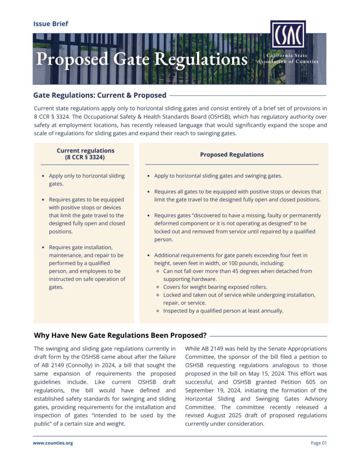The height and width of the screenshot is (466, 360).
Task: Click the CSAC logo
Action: [x=288, y=35]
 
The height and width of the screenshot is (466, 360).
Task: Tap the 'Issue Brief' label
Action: [x=51, y=23]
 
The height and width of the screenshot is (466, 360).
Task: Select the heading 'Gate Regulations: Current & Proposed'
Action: [x=100, y=95]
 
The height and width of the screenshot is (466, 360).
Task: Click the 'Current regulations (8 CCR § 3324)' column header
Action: [x=86, y=154]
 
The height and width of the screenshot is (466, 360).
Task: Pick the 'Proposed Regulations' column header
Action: [x=232, y=154]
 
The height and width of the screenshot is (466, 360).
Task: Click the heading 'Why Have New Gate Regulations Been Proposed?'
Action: [x=120, y=335]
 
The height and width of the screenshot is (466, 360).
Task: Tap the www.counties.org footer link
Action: [x=53, y=443]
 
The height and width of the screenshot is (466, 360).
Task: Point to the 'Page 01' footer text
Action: [x=319, y=443]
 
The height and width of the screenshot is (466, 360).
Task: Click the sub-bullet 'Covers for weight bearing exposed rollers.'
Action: [x=216, y=287]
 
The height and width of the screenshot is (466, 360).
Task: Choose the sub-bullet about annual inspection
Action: [x=223, y=311]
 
